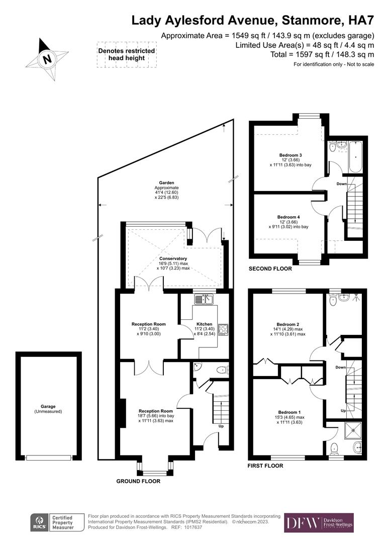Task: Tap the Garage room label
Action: click(48, 407)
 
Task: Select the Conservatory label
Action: click(173, 258)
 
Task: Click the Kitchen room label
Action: click(204, 324)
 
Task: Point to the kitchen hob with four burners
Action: click(223, 329)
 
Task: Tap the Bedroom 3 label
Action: click(291, 155)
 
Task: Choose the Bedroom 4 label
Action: click(289, 217)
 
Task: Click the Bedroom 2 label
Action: click(288, 324)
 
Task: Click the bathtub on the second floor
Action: click(356, 157)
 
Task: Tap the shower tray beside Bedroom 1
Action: click(353, 430)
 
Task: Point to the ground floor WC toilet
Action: click(222, 370)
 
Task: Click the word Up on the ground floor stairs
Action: click(221, 426)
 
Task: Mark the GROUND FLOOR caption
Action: click(138, 481)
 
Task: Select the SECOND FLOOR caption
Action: click(270, 268)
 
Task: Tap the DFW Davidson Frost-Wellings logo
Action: click(319, 523)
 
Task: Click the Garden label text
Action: click(166, 183)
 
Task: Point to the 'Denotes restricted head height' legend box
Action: click(126, 54)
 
